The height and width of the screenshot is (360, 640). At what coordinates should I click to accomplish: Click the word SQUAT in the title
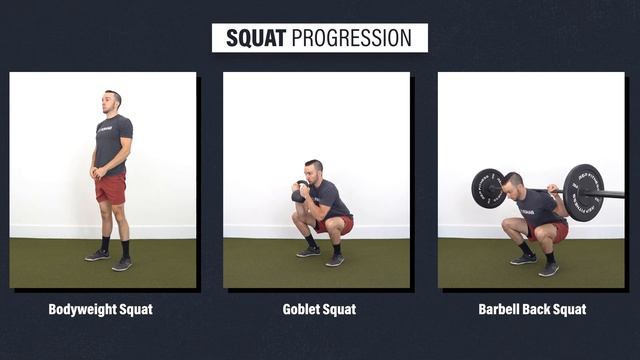click(x=256, y=38)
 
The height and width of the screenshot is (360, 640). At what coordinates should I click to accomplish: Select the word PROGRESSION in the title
click(x=351, y=38)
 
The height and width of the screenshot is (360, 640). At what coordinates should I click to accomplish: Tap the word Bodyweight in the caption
click(x=82, y=309)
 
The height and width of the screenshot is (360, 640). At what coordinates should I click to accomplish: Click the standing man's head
click(x=113, y=100)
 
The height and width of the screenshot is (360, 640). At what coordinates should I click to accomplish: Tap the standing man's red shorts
click(x=111, y=188)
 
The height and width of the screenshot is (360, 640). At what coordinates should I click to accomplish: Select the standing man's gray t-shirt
click(x=113, y=140)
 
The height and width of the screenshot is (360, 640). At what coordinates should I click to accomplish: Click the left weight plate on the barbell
click(x=488, y=188)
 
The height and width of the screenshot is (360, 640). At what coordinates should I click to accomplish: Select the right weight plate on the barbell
click(x=582, y=191)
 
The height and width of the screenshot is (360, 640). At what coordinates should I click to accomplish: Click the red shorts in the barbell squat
click(x=556, y=230)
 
